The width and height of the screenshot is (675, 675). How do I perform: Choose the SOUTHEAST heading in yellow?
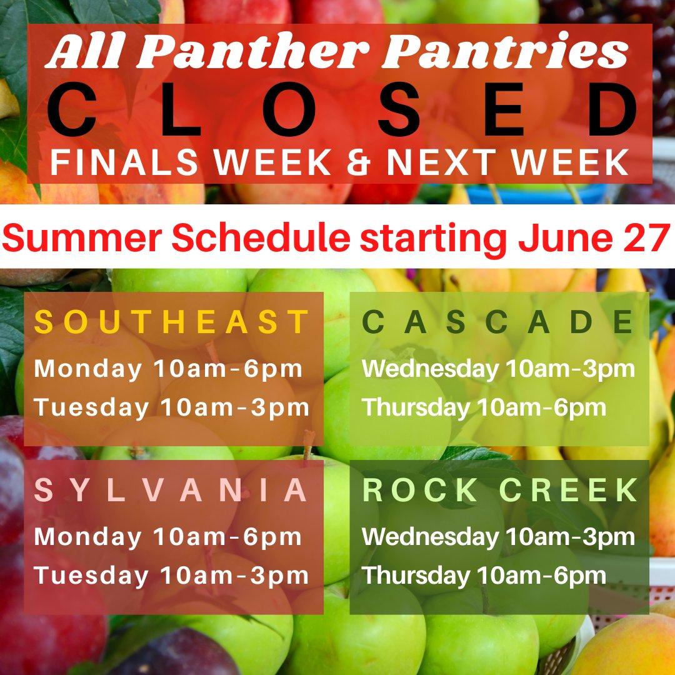pyautogui.click(x=172, y=322)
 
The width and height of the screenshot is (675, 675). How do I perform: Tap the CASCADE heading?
pyautogui.click(x=498, y=322)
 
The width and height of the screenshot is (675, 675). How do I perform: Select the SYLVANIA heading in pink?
pyautogui.click(x=172, y=491)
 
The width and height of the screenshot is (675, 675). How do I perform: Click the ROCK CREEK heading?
pyautogui.click(x=500, y=491)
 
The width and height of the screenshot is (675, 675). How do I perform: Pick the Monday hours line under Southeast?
pyautogui.click(x=169, y=369)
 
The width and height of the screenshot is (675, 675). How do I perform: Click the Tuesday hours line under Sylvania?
pyautogui.click(x=172, y=576)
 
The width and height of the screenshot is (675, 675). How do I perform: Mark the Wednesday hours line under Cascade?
pyautogui.click(x=498, y=369)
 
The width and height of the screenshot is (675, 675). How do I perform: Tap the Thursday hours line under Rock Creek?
pyautogui.click(x=484, y=576)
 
